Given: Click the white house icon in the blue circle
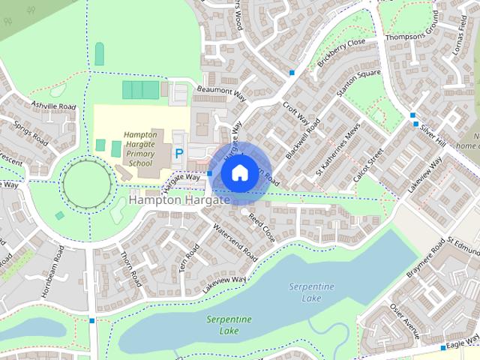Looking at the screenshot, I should (238, 173).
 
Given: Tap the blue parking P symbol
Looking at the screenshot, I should (179, 153).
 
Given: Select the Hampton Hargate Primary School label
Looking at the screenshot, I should (140, 148).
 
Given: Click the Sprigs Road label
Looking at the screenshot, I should (31, 133).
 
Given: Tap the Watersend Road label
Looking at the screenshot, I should (235, 242).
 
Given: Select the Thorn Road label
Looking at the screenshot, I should (131, 268).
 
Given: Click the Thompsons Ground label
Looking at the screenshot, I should (411, 35).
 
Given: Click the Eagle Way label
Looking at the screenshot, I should (457, 343).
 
